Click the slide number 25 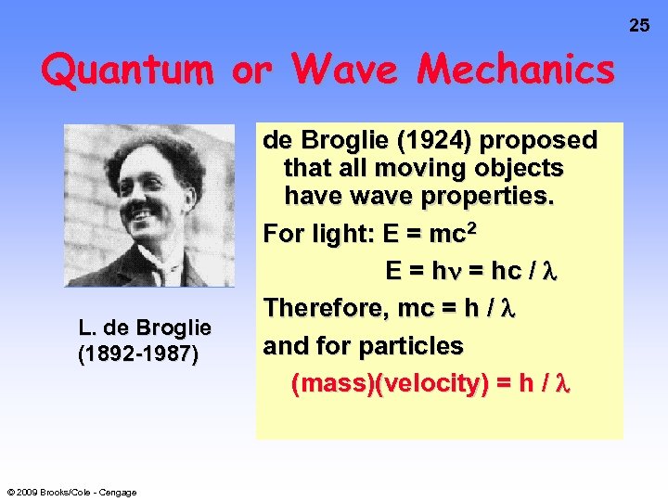coord(640,25)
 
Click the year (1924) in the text coord(431,141)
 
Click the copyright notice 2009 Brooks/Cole coord(71,492)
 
